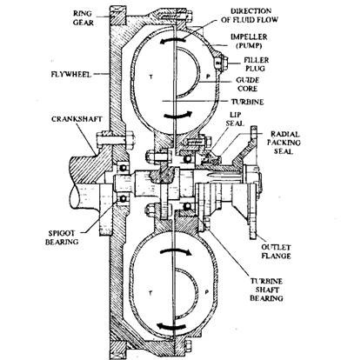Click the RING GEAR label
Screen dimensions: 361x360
[x=83, y=18]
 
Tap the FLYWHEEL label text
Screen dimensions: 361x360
[x=71, y=74]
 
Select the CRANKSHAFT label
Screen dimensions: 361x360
[x=77, y=119]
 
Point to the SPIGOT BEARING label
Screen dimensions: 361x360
[x=62, y=237]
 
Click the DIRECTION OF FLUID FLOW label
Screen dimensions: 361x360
[x=250, y=16]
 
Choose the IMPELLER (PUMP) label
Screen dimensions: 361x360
[x=249, y=41]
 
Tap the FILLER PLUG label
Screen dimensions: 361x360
[x=256, y=64]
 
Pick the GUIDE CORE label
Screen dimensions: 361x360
[x=247, y=84]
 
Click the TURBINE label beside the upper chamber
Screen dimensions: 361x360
[x=247, y=102]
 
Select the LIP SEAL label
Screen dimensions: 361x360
[x=235, y=119]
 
